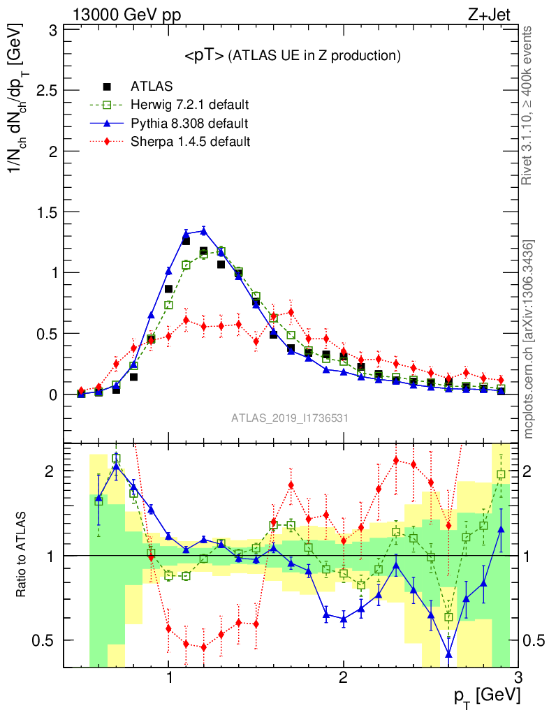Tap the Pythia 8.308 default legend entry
(189, 124)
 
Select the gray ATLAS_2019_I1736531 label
(290, 418)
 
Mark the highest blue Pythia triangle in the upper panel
(203, 230)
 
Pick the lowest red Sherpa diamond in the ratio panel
(203, 647)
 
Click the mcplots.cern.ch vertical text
(529, 339)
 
